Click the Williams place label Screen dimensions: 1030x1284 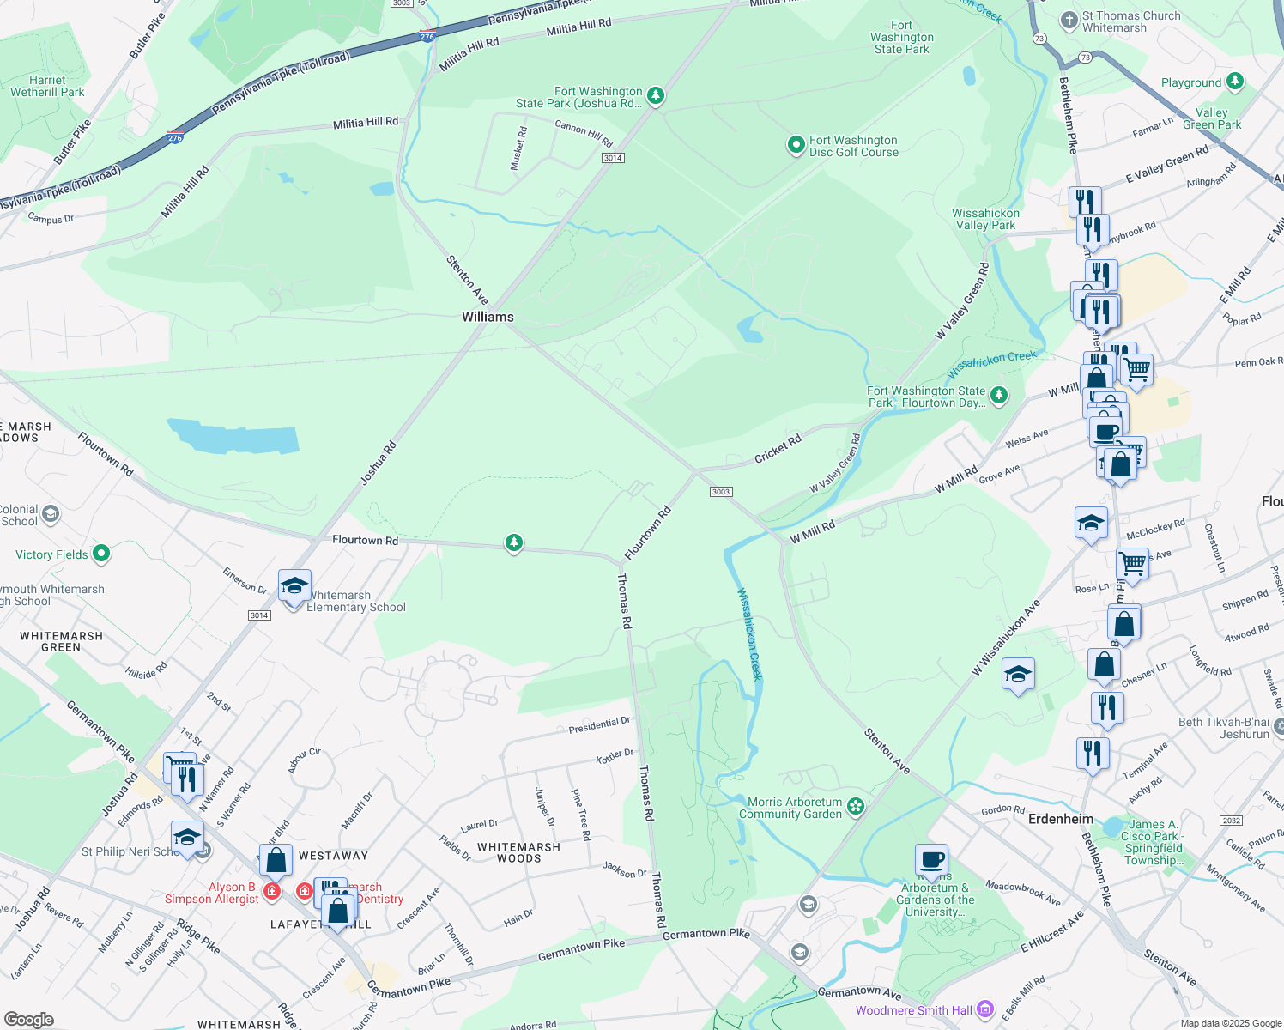(x=488, y=317)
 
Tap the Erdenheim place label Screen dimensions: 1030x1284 (x=1061, y=819)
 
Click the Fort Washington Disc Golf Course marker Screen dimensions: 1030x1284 (x=796, y=145)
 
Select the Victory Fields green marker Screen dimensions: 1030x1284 (x=101, y=554)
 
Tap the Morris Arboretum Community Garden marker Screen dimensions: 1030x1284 (x=855, y=806)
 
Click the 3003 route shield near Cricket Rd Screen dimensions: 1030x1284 (x=720, y=492)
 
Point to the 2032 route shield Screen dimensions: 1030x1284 (x=1232, y=821)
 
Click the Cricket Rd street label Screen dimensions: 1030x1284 (x=778, y=449)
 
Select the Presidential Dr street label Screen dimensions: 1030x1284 (x=599, y=724)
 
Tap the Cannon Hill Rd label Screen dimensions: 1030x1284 (x=584, y=133)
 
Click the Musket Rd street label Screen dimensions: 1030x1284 (x=518, y=148)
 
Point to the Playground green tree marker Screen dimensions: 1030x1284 (x=1235, y=82)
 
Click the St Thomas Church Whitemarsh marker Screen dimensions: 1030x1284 (x=1069, y=20)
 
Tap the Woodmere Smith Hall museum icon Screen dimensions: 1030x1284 (x=985, y=1009)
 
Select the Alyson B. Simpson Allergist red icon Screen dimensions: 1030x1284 (x=272, y=892)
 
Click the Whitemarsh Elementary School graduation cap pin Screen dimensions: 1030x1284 (x=294, y=587)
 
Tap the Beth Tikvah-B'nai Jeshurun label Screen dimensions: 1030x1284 (x=1223, y=728)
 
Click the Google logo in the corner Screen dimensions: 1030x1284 (x=28, y=1020)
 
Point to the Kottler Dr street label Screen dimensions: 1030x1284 (x=615, y=756)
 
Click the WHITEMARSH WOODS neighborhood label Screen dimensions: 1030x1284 (x=518, y=852)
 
